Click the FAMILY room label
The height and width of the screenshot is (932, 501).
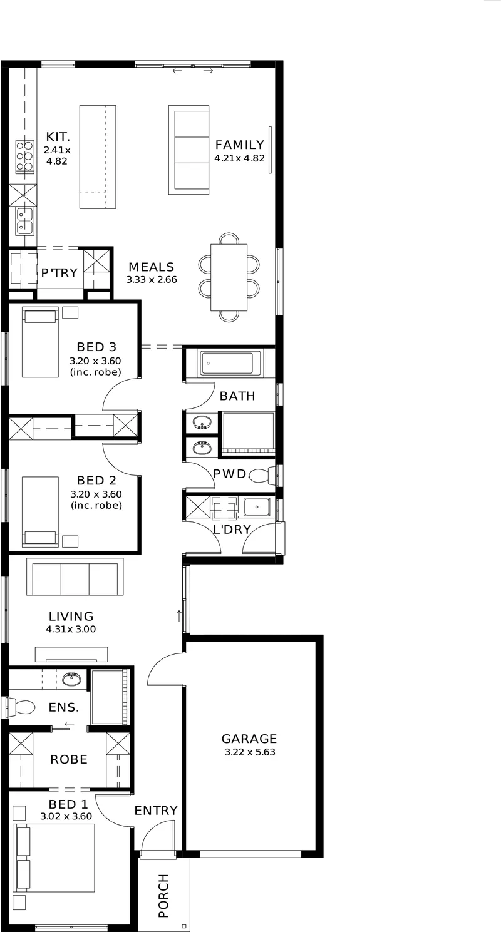(239, 145)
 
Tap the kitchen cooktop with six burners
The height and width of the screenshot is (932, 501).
(25, 157)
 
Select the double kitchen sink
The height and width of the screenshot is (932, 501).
(25, 221)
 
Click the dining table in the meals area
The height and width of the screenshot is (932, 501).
(229, 277)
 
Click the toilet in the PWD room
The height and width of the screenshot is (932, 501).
(262, 475)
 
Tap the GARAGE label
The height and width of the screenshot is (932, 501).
(249, 739)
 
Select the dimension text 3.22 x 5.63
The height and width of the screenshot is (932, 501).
(250, 752)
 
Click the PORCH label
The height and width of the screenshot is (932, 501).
(163, 895)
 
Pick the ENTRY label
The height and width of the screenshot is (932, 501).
(156, 811)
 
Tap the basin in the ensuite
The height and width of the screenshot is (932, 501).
(71, 680)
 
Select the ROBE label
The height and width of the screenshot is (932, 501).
(69, 759)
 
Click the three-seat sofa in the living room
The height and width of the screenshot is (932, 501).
(75, 577)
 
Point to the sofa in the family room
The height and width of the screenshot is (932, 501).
(189, 150)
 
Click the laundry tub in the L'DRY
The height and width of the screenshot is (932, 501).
(257, 508)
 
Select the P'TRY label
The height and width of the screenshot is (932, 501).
(59, 272)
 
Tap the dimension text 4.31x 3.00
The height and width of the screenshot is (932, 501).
(71, 629)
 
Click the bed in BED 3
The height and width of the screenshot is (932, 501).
(40, 342)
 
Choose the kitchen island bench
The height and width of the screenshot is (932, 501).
(98, 157)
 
